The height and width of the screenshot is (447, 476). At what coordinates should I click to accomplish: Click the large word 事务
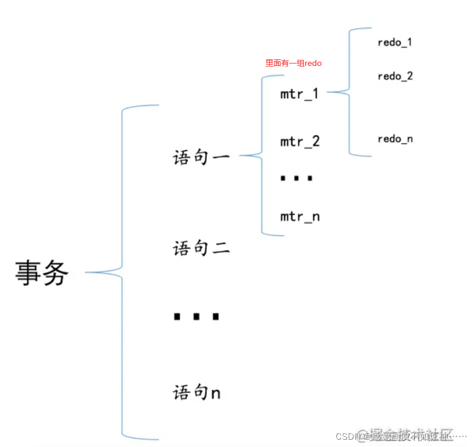click(42, 274)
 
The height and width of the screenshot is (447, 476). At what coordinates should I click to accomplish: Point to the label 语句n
click(197, 392)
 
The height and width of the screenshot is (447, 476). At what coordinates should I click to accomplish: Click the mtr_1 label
click(299, 94)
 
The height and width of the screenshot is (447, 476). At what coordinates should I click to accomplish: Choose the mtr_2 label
click(300, 142)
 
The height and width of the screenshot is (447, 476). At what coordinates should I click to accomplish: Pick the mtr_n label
click(300, 216)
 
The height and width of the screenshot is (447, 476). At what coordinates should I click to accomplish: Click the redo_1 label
click(394, 42)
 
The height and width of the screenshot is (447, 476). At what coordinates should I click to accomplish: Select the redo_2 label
click(395, 76)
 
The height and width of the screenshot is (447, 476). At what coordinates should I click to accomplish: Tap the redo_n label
click(395, 139)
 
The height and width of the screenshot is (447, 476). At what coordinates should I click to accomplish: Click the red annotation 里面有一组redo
click(294, 63)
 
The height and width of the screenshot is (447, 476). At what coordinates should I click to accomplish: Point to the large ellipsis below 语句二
click(196, 316)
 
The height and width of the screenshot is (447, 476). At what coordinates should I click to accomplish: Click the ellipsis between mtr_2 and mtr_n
click(297, 179)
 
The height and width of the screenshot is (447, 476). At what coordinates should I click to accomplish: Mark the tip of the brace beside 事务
click(87, 273)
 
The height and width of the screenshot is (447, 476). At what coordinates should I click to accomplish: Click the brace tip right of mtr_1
click(329, 92)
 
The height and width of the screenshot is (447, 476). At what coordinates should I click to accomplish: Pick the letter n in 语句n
click(215, 394)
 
